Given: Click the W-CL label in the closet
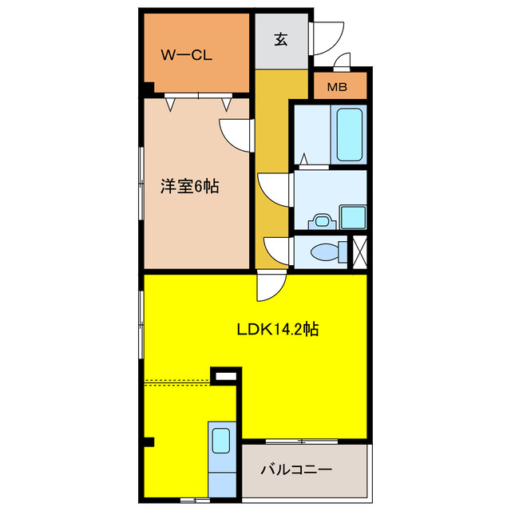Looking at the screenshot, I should click(x=185, y=55).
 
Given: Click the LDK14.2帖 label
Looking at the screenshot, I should click(x=277, y=328).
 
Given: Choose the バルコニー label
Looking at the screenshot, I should click(x=295, y=469).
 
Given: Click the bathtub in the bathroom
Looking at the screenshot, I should click(x=350, y=133).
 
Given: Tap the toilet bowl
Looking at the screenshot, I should click(x=327, y=252).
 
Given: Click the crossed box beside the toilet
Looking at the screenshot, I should click(x=359, y=252).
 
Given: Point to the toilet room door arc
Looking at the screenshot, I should click(x=277, y=250).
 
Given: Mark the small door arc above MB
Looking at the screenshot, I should click(x=343, y=62).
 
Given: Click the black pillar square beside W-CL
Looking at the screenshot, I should click(x=149, y=89).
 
